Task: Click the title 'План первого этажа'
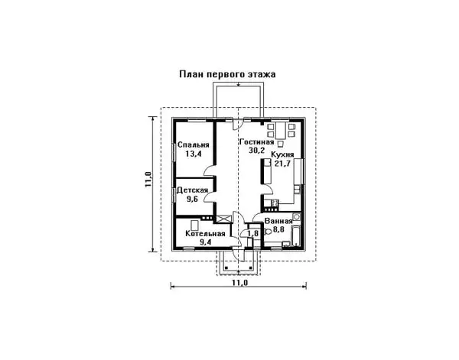tap(227, 75)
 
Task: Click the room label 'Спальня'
tap(192, 144)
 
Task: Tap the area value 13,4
tap(192, 154)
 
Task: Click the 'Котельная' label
tap(205, 233)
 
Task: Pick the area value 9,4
tap(205, 242)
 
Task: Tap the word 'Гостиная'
tap(256, 141)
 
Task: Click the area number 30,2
tap(256, 150)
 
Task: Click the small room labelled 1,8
tap(253, 234)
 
